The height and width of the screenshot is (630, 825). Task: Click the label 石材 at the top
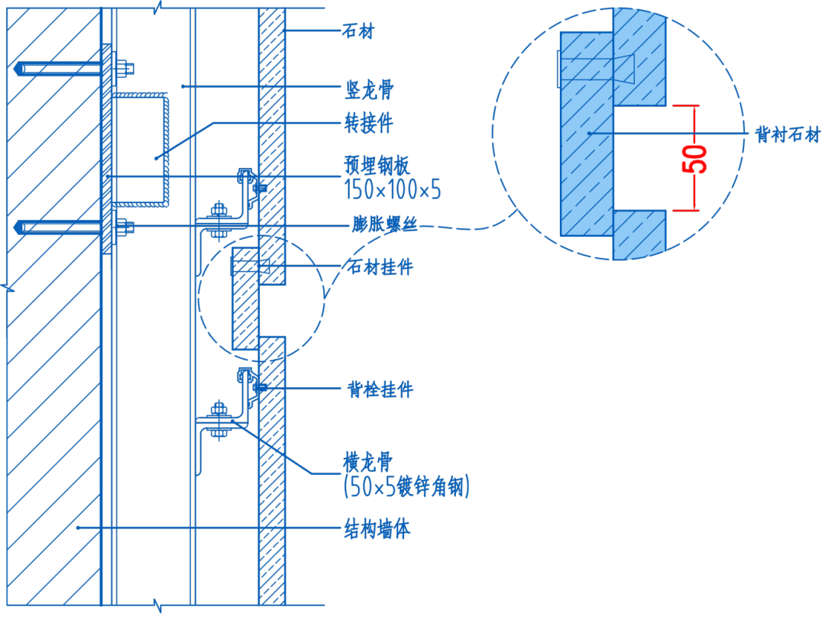tap(358, 31)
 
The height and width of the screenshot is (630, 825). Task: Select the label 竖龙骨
tap(369, 90)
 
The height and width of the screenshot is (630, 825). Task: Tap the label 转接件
tap(369, 122)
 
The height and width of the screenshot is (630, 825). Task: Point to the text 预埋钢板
tap(377, 165)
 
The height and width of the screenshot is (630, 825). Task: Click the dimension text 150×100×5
tap(393, 189)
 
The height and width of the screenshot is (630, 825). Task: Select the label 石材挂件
tap(380, 267)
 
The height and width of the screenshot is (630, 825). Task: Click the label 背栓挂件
tap(380, 389)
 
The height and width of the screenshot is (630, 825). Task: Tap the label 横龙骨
tap(367, 462)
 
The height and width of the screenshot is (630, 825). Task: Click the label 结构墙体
tap(377, 528)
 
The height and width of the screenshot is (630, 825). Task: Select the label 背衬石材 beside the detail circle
tap(787, 135)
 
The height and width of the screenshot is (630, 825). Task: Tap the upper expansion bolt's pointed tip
tap(17, 69)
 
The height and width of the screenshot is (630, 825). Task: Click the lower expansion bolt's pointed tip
tap(17, 227)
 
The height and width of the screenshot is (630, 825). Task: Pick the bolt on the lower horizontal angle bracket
tap(219, 420)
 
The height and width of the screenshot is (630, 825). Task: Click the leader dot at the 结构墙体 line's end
tap(78, 528)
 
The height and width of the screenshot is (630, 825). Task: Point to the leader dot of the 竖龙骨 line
tap(183, 86)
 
